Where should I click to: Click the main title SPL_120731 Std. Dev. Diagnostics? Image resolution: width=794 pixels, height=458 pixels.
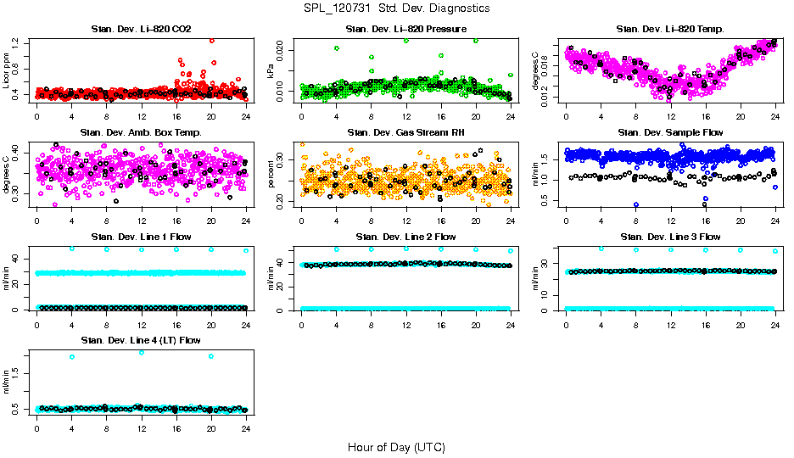(396, 8)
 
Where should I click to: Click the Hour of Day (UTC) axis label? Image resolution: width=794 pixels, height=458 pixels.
(396, 447)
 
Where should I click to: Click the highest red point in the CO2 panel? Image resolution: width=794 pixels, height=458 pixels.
(211, 40)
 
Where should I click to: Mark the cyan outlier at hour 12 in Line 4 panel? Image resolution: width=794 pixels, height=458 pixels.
(141, 352)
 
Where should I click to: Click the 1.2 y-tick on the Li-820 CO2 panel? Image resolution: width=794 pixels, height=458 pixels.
(25, 42)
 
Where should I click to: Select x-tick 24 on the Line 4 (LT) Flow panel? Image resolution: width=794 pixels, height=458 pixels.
(245, 428)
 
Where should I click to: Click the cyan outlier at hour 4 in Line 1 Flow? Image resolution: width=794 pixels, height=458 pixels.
(72, 249)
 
